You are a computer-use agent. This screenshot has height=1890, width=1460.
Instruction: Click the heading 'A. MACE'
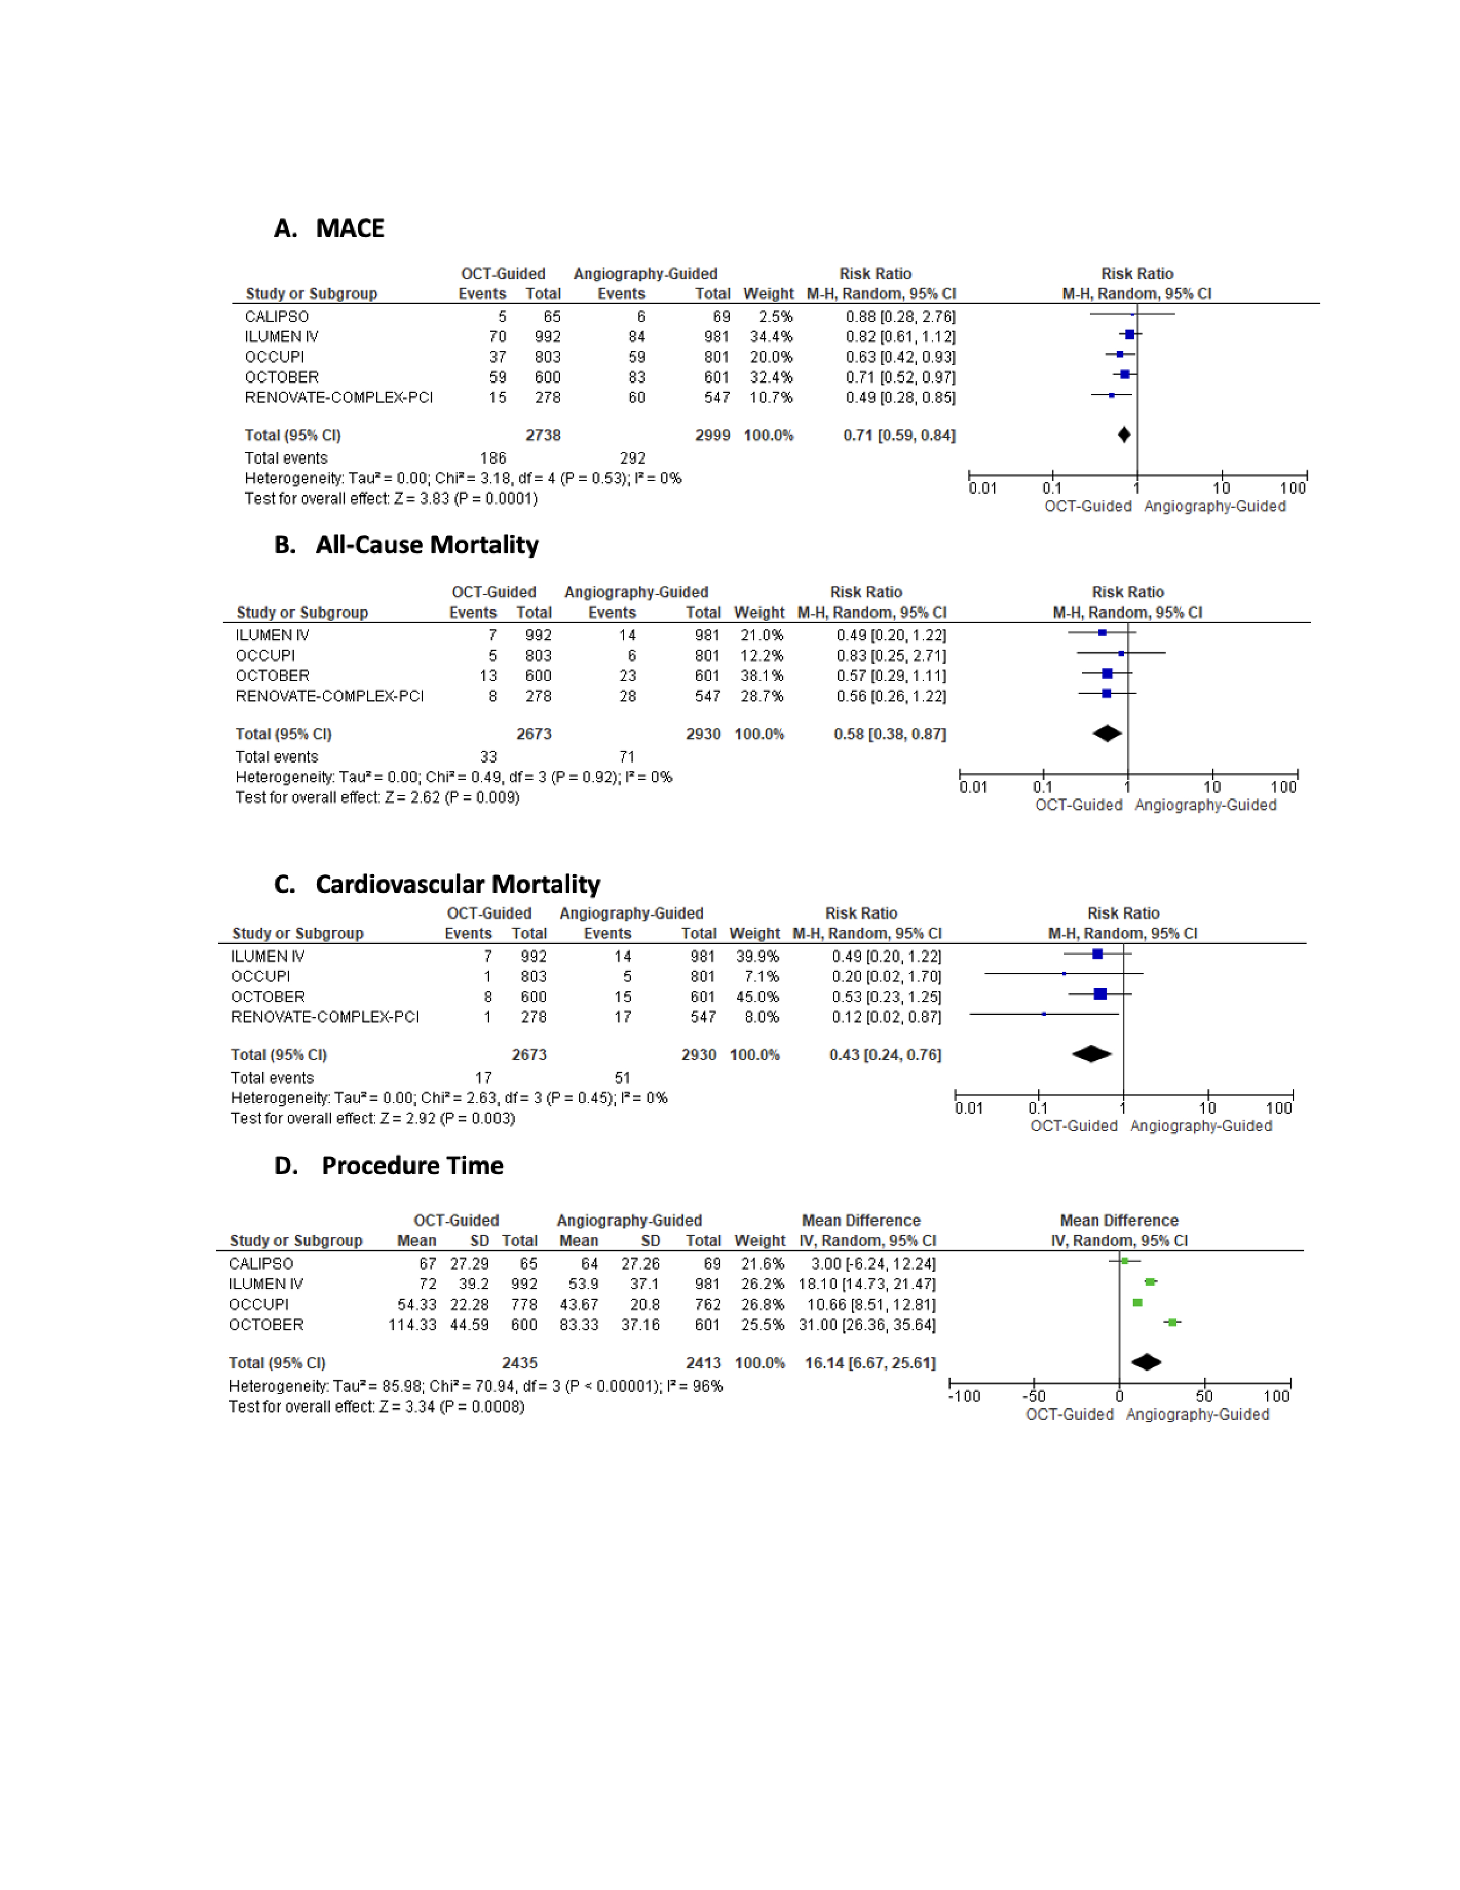pyautogui.click(x=329, y=229)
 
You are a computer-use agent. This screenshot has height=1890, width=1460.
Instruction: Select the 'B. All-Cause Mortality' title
pyautogui.click(x=406, y=545)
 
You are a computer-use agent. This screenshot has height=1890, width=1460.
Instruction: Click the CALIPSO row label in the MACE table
pyautogui.click(x=277, y=317)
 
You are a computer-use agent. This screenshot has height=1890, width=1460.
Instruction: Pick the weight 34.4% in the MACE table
pyautogui.click(x=771, y=337)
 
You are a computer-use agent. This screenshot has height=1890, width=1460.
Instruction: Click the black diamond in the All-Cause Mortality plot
pyautogui.click(x=1107, y=734)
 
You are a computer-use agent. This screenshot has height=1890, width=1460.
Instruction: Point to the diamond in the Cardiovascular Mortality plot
pyautogui.click(x=1091, y=1054)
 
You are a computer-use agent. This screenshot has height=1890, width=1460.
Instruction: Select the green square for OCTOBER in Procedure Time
pyautogui.click(x=1172, y=1322)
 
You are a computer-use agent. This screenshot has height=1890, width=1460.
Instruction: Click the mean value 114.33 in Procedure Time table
pyautogui.click(x=413, y=1325)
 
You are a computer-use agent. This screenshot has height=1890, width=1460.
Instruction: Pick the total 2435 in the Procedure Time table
pyautogui.click(x=520, y=1363)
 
